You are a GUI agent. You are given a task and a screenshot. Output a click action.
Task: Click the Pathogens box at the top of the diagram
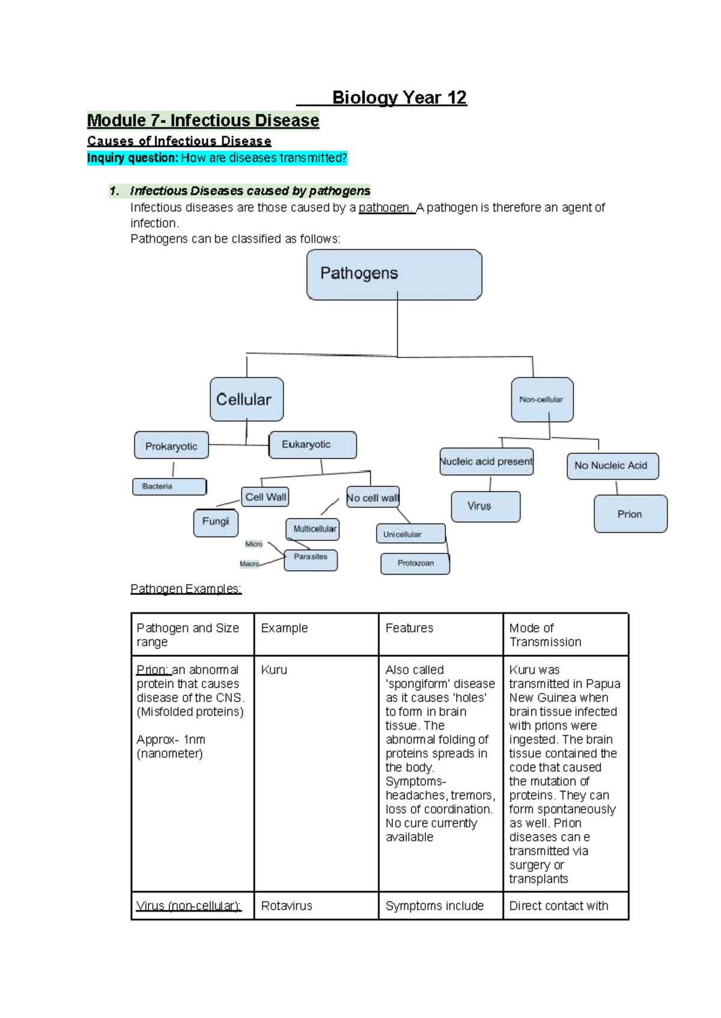(394, 275)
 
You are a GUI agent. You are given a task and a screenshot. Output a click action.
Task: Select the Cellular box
(246, 399)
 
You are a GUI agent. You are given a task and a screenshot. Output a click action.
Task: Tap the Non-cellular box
(542, 400)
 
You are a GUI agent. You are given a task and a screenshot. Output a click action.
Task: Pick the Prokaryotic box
(171, 446)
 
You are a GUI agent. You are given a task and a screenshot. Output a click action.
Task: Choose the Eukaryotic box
(312, 445)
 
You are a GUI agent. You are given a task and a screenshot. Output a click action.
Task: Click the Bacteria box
(169, 486)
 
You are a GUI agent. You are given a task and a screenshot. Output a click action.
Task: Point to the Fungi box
(216, 522)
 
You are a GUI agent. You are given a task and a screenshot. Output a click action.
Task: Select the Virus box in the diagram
(485, 507)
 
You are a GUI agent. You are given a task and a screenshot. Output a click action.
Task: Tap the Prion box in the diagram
(630, 514)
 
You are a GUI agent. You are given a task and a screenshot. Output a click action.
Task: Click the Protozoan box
(415, 563)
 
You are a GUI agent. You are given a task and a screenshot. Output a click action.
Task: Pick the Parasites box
(311, 559)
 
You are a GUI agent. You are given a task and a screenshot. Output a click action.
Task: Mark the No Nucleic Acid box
(612, 466)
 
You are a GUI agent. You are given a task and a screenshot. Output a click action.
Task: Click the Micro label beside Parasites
(254, 544)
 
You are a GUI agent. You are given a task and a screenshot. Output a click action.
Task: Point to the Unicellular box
(411, 534)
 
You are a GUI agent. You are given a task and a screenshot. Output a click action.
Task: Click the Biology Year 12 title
(399, 97)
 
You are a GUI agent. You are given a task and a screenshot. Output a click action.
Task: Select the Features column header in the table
(409, 628)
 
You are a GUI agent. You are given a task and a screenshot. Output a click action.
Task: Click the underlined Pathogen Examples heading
(186, 589)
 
